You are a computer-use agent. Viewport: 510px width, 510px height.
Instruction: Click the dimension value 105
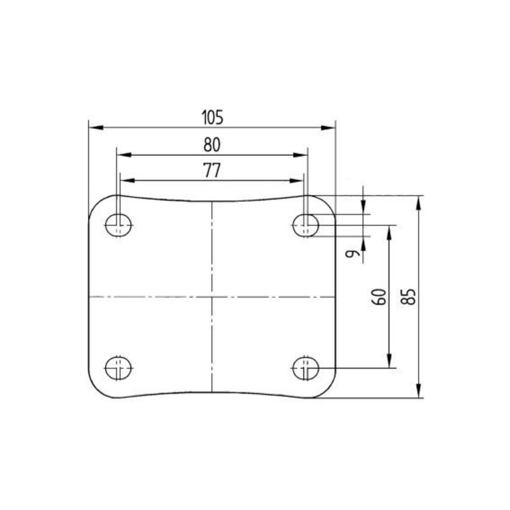pos(212,117)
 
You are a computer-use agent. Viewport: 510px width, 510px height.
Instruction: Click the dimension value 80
pos(212,145)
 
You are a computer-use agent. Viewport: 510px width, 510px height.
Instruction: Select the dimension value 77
pos(212,172)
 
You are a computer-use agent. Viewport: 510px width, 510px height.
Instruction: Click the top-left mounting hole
pos(118,226)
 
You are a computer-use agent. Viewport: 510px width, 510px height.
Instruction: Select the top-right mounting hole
pos(306,226)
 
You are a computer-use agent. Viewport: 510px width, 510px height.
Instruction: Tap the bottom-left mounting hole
pos(118,368)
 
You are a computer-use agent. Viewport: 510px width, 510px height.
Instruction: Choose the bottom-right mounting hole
pos(306,368)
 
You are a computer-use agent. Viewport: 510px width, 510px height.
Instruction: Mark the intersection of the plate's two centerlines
pos(212,297)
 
